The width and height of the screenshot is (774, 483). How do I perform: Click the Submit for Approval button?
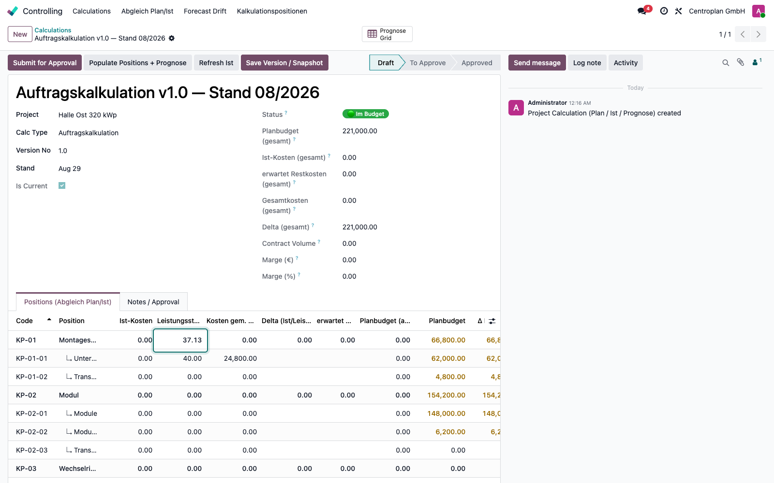click(x=45, y=62)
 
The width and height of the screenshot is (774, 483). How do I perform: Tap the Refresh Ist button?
click(x=216, y=62)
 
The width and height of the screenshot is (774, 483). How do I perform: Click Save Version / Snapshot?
click(x=284, y=62)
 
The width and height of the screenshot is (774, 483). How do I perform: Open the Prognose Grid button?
click(x=387, y=34)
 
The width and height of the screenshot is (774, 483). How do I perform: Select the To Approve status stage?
click(x=428, y=62)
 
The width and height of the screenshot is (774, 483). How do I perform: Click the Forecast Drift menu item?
click(x=205, y=11)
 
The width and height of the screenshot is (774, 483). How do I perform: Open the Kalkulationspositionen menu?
click(x=272, y=11)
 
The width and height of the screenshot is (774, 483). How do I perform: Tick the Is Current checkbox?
click(x=62, y=185)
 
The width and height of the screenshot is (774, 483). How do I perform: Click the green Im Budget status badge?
click(x=366, y=114)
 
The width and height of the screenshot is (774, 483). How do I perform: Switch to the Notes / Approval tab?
click(x=153, y=302)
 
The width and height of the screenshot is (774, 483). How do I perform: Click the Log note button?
click(x=587, y=62)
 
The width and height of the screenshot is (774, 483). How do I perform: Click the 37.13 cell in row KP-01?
click(x=180, y=340)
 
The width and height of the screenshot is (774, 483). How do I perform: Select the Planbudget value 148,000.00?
click(x=446, y=413)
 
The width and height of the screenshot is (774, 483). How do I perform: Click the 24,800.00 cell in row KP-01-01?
click(x=240, y=358)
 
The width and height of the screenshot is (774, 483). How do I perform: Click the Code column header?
click(x=24, y=321)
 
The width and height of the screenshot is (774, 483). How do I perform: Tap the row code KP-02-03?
click(x=32, y=450)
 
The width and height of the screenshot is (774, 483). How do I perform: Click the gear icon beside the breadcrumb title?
click(x=172, y=38)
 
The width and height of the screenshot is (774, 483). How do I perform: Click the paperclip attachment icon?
click(x=741, y=62)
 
